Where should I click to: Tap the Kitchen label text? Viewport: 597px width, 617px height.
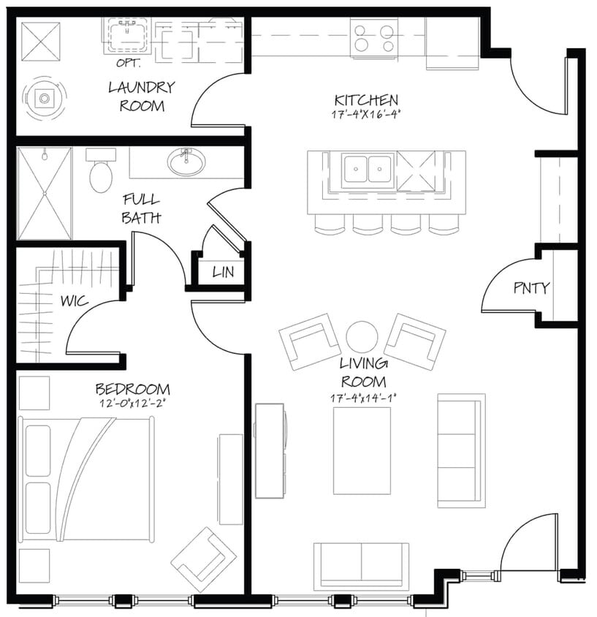click(x=366, y=100)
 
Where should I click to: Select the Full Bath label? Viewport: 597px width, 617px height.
click(x=141, y=208)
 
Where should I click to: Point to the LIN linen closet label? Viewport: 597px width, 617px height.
click(x=223, y=272)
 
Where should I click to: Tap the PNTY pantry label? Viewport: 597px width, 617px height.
click(x=531, y=288)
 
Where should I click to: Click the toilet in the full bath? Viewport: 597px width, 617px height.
click(x=101, y=173)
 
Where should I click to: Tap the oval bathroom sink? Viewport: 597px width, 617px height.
click(x=186, y=162)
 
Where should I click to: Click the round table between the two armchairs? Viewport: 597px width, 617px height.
click(x=362, y=337)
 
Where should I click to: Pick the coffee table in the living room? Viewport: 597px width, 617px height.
click(x=362, y=450)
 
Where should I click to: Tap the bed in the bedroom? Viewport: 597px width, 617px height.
click(x=86, y=479)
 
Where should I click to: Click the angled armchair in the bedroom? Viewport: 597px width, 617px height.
click(x=204, y=559)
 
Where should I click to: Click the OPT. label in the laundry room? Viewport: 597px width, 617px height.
click(x=128, y=62)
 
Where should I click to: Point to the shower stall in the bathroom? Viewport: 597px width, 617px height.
click(x=45, y=193)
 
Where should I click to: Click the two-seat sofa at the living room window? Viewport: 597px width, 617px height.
click(x=361, y=565)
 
